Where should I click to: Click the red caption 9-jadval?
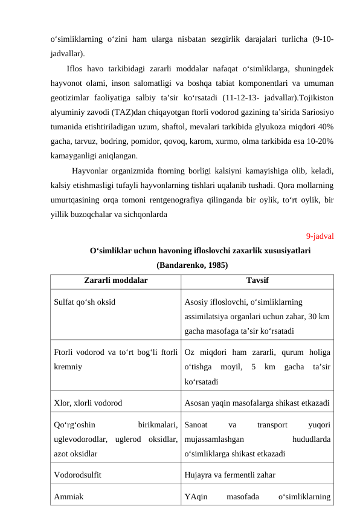(321, 236)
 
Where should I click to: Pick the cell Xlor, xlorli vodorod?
(88, 402)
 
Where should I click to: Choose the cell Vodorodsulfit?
(77, 475)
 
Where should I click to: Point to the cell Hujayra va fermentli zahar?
(230, 475)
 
